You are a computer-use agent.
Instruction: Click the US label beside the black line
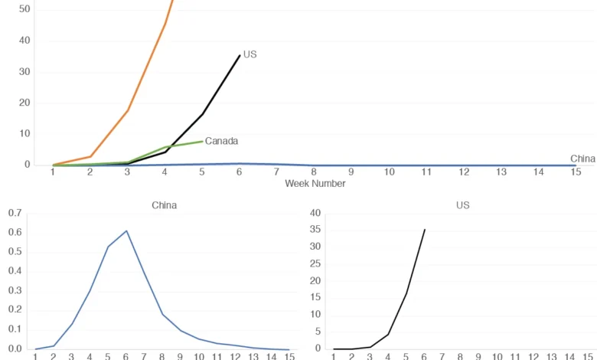250,55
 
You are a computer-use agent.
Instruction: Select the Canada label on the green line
221,141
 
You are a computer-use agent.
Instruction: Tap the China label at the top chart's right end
582,159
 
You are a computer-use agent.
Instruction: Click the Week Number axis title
315,183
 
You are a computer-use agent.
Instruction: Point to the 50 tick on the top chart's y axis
24,9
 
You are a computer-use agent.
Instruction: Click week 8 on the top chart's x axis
314,172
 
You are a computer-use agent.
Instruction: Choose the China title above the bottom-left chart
164,205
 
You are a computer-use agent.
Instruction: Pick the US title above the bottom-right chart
462,205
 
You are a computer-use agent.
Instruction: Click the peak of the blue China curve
126,231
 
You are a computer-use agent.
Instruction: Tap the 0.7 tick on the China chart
15,213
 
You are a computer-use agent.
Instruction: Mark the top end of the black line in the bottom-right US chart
425,229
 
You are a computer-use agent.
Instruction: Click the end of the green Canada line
203,141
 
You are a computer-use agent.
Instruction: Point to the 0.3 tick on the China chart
15,291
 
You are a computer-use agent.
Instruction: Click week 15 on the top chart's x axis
576,172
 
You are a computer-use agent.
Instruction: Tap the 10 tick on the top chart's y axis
24,133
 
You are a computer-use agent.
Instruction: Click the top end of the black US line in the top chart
240,55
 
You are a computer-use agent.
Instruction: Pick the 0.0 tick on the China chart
15,349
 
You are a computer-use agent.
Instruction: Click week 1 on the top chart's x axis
53,172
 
